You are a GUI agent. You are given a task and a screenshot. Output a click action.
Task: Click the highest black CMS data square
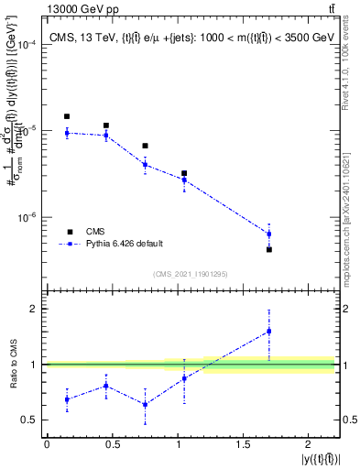click(67, 116)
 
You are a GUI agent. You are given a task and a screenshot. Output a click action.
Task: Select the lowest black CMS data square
click(269, 249)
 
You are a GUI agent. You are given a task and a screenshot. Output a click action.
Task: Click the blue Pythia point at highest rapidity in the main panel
click(269, 234)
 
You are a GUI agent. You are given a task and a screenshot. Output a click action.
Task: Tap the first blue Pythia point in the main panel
click(67, 133)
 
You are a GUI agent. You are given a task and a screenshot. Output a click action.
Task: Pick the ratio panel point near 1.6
click(269, 331)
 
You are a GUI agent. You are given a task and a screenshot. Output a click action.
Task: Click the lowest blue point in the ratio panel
click(145, 404)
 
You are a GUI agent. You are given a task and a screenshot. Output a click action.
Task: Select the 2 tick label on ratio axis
click(34, 309)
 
